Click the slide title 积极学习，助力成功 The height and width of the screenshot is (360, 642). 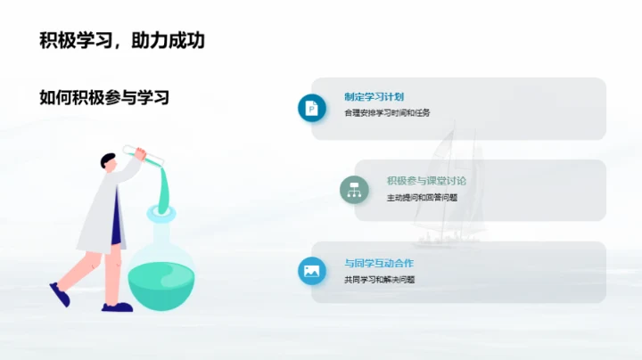122,41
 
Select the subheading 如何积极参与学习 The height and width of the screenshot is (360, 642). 104,97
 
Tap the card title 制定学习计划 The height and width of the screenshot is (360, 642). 374,97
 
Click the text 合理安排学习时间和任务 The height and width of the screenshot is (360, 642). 387,113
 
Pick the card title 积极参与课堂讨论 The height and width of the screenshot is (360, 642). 426,181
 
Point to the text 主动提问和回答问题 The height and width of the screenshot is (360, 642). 422,197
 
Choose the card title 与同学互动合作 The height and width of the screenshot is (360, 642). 379,264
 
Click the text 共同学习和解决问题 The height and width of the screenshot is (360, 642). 379,280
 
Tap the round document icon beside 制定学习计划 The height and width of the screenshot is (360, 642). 312,108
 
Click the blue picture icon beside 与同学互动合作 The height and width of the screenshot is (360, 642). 312,271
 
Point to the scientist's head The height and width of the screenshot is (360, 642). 108,162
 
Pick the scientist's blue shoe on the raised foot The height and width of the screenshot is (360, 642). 60,294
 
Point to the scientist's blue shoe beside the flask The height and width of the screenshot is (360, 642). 117,307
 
